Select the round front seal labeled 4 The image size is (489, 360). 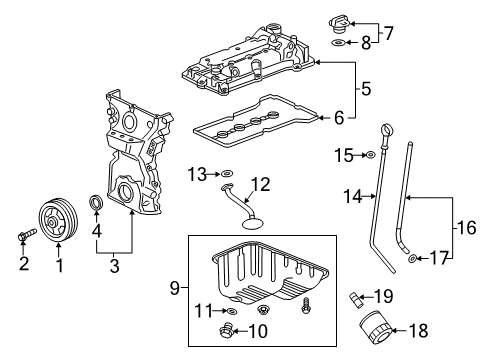point(98,207)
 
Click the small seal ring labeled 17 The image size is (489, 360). point(412,261)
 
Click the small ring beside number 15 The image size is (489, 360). point(371,154)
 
